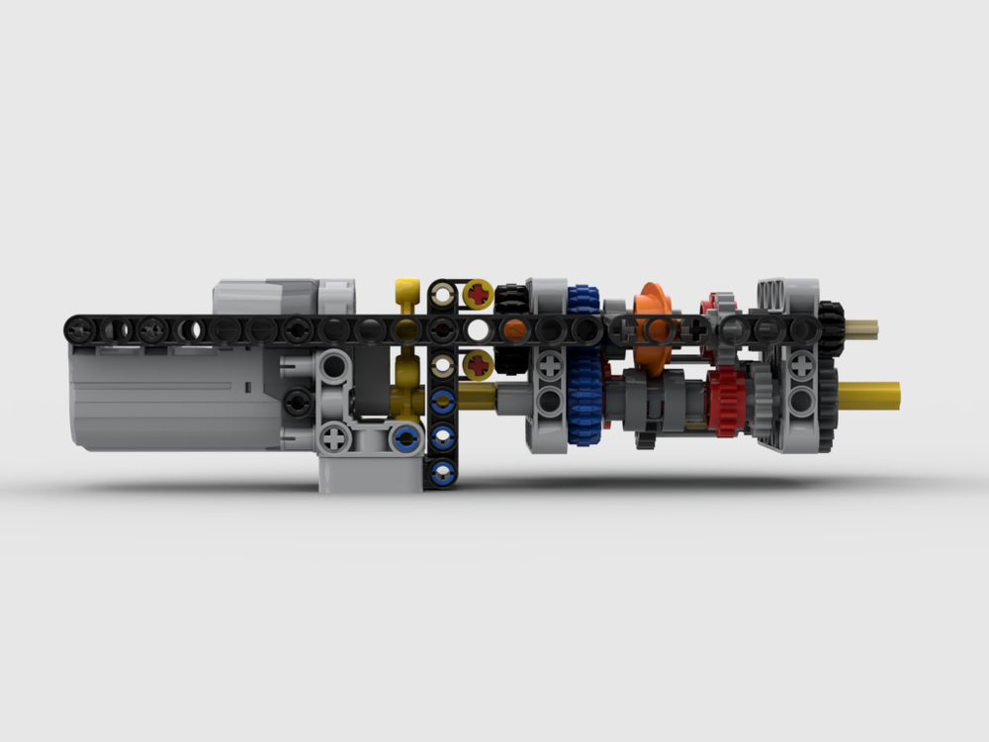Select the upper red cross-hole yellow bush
pyautogui.click(x=480, y=293)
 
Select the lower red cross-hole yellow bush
pyautogui.click(x=480, y=364)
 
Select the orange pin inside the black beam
pyautogui.click(x=512, y=328)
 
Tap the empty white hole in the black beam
pyautogui.click(x=478, y=328)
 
